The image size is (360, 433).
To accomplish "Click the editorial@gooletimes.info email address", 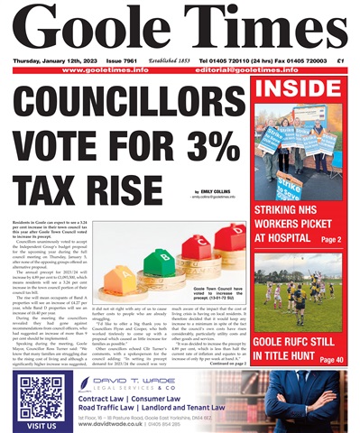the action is click(280, 69).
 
